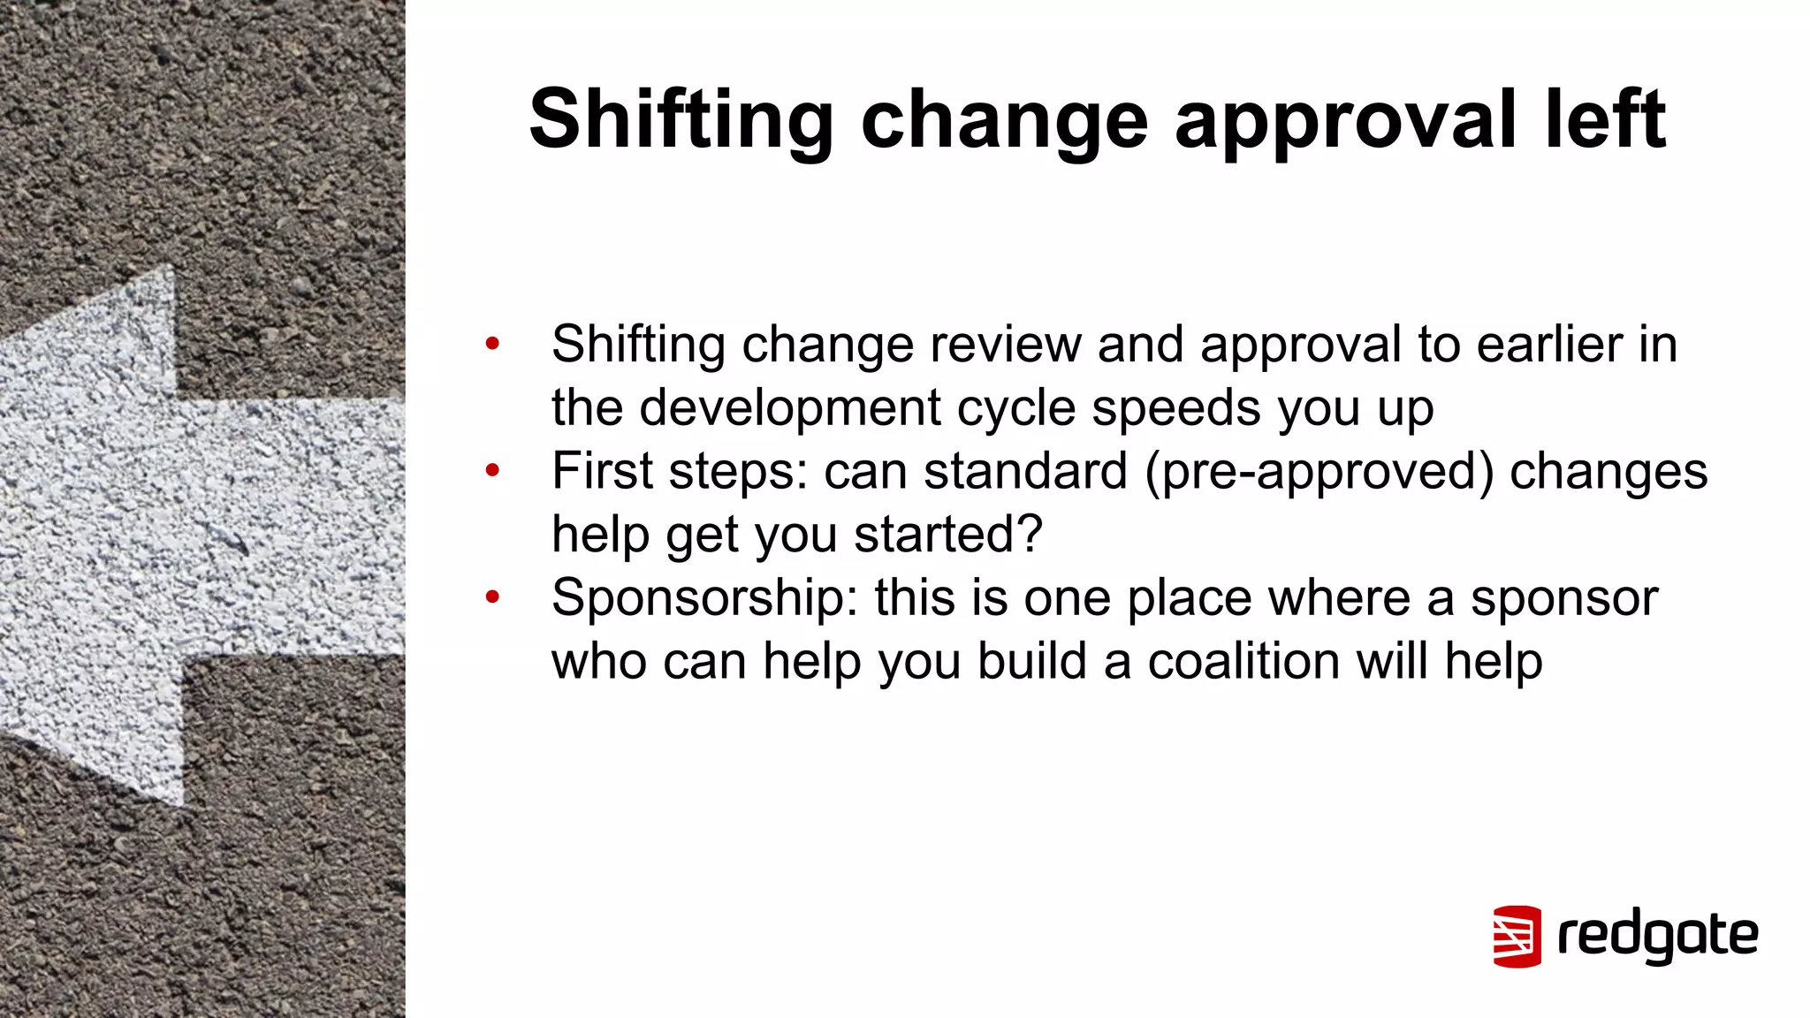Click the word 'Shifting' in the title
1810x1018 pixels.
point(681,120)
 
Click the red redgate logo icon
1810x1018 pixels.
point(1517,936)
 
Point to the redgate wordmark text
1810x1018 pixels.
point(1658,937)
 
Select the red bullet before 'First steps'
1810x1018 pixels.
point(492,470)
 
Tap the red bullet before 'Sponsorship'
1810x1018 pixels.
point(492,597)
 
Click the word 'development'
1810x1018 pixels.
point(790,407)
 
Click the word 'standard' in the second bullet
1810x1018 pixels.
point(1025,471)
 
